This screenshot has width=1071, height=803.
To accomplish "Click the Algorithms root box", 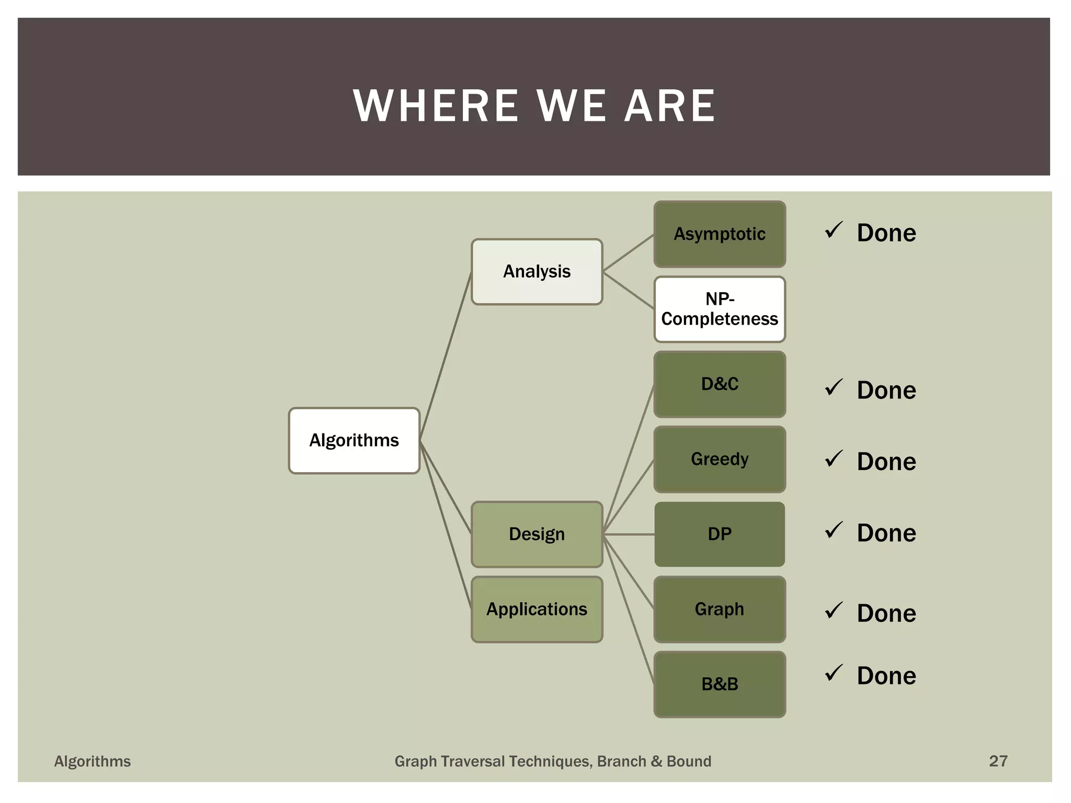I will tap(354, 441).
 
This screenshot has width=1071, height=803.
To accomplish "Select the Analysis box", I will tap(537, 272).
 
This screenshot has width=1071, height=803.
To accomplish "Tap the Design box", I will tap(537, 534).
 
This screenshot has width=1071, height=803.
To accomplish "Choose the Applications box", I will tap(537, 609).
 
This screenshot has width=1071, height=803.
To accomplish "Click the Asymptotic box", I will tap(720, 234).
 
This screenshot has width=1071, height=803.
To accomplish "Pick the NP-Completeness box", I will tap(720, 309).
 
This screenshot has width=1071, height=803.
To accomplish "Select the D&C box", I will tap(720, 384).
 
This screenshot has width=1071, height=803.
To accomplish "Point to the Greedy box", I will tap(720, 459).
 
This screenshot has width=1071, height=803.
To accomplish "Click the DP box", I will tap(720, 534).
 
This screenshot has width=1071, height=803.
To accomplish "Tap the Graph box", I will tap(720, 609).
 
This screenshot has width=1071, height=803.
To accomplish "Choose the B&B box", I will tap(720, 684).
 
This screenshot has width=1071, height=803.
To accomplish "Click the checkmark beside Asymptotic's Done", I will tap(834, 230).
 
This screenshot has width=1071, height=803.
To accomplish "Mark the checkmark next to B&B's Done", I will tap(834, 673).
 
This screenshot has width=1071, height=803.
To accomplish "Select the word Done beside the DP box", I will tap(886, 533).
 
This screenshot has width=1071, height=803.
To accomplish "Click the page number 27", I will tap(998, 761).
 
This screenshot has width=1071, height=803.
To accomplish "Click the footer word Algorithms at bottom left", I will tap(93, 762).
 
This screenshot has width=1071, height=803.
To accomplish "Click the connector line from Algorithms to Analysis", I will tap(446, 355).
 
